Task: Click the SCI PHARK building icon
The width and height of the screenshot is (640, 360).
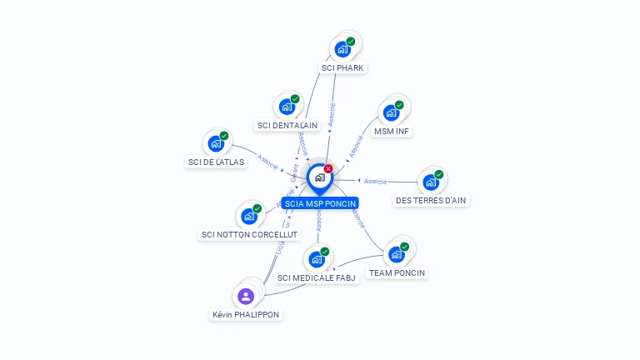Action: click(342, 49)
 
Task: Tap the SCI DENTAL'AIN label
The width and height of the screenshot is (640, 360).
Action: click(287, 126)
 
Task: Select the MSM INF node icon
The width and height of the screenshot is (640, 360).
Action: click(391, 112)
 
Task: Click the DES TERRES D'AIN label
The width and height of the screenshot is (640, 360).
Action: click(431, 201)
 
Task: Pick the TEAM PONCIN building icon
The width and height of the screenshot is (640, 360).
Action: click(397, 254)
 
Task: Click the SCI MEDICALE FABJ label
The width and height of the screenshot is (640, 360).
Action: click(317, 278)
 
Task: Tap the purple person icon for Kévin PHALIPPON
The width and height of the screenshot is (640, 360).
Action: click(246, 296)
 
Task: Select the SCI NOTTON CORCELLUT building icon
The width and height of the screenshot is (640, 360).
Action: click(249, 217)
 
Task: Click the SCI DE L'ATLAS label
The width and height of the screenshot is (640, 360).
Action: click(217, 162)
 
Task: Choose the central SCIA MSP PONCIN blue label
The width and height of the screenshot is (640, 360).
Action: click(320, 203)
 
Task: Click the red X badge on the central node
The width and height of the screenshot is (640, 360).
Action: click(328, 168)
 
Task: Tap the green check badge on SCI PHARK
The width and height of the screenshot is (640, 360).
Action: click(351, 41)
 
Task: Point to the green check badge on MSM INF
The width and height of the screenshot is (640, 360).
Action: click(399, 105)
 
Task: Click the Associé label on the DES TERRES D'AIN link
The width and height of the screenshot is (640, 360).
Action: click(376, 181)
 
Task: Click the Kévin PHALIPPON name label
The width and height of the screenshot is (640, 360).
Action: click(246, 315)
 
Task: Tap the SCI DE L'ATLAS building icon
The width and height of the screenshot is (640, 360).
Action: click(216, 143)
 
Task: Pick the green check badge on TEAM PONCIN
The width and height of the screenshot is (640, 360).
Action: click(405, 247)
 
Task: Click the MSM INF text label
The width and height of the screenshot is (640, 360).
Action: click(392, 132)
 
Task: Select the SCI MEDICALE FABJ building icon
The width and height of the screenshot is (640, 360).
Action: click(317, 259)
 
